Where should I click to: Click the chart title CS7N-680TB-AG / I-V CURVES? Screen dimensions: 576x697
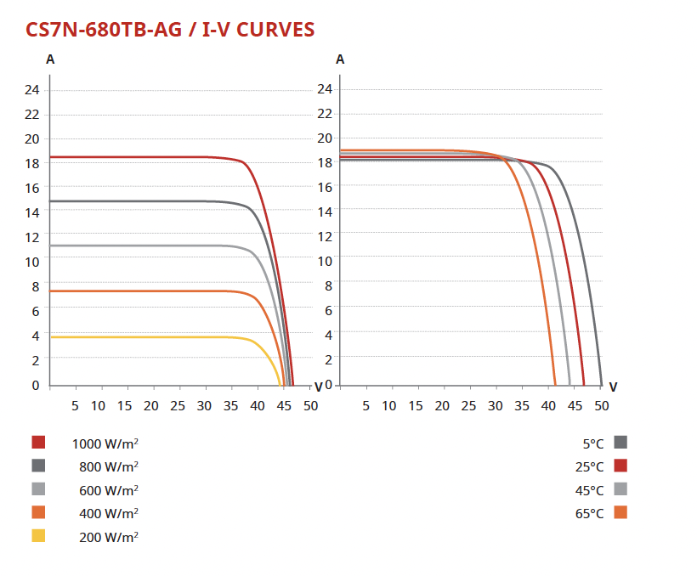[x=171, y=30]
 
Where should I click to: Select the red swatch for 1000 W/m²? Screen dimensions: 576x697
[x=38, y=442]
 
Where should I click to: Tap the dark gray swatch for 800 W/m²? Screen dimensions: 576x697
[x=38, y=466]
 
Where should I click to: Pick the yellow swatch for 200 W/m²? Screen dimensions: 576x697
[x=38, y=536]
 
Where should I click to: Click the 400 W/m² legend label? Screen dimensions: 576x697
[x=109, y=513]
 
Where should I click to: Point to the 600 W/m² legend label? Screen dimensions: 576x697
[x=109, y=489]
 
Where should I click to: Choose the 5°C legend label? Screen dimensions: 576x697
[x=593, y=443]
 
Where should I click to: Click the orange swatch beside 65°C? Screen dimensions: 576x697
[x=620, y=512]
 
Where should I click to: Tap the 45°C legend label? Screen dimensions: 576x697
[x=590, y=490]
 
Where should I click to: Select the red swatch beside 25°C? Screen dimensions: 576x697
[x=620, y=466]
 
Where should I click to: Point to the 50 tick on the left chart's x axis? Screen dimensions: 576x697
[x=310, y=406]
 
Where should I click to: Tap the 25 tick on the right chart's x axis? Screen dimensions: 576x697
[x=468, y=406]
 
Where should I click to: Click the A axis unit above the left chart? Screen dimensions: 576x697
[x=51, y=60]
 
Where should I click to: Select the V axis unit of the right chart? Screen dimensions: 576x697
[x=613, y=387]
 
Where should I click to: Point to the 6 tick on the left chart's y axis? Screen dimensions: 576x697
[x=36, y=311]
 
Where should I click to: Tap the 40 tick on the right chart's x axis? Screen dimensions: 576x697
[x=548, y=406]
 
